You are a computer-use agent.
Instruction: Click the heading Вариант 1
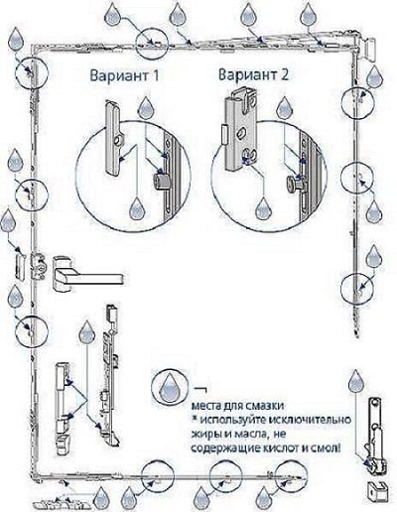(x=124, y=75)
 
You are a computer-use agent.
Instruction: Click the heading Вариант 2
(x=253, y=74)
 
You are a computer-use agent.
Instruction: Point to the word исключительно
(x=310, y=420)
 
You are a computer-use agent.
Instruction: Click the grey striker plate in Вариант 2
(x=240, y=129)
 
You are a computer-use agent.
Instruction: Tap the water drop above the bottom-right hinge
(x=356, y=381)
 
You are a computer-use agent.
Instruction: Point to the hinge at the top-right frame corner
(x=368, y=49)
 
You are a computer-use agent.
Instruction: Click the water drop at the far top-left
(x=16, y=38)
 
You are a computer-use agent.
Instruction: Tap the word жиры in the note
(x=205, y=435)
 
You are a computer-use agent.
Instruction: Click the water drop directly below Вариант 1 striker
(x=137, y=209)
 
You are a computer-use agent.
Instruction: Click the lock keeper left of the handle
(x=21, y=267)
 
